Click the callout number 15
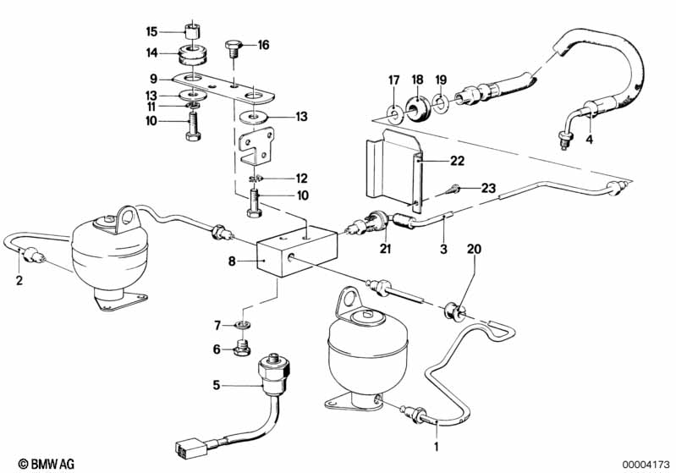pyautogui.click(x=151, y=32)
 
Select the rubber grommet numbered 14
pyautogui.click(x=194, y=58)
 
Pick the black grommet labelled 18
pyautogui.click(x=416, y=108)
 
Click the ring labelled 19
pyautogui.click(x=441, y=105)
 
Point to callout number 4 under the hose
pyautogui.click(x=590, y=139)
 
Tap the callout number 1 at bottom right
pyautogui.click(x=436, y=444)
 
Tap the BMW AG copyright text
pyautogui.click(x=33, y=463)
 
